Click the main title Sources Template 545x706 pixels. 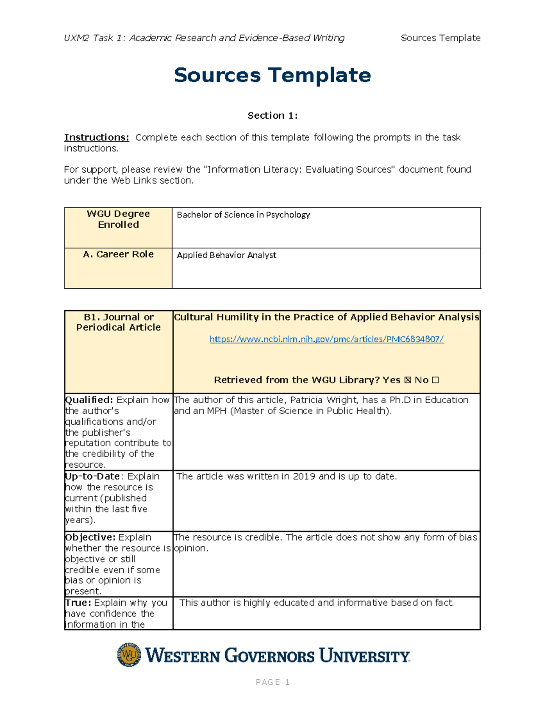click(x=272, y=75)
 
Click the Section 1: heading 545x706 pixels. click(x=272, y=115)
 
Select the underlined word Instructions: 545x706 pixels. click(x=96, y=137)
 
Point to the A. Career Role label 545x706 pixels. click(x=118, y=255)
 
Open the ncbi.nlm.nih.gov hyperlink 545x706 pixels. click(x=326, y=339)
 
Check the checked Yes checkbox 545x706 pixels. click(x=407, y=380)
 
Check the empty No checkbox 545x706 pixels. click(x=435, y=380)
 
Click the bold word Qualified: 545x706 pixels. click(x=89, y=400)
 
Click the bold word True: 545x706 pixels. click(x=78, y=603)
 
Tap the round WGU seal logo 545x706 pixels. click(x=129, y=655)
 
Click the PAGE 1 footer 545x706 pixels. click(x=272, y=682)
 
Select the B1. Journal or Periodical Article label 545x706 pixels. click(x=118, y=322)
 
